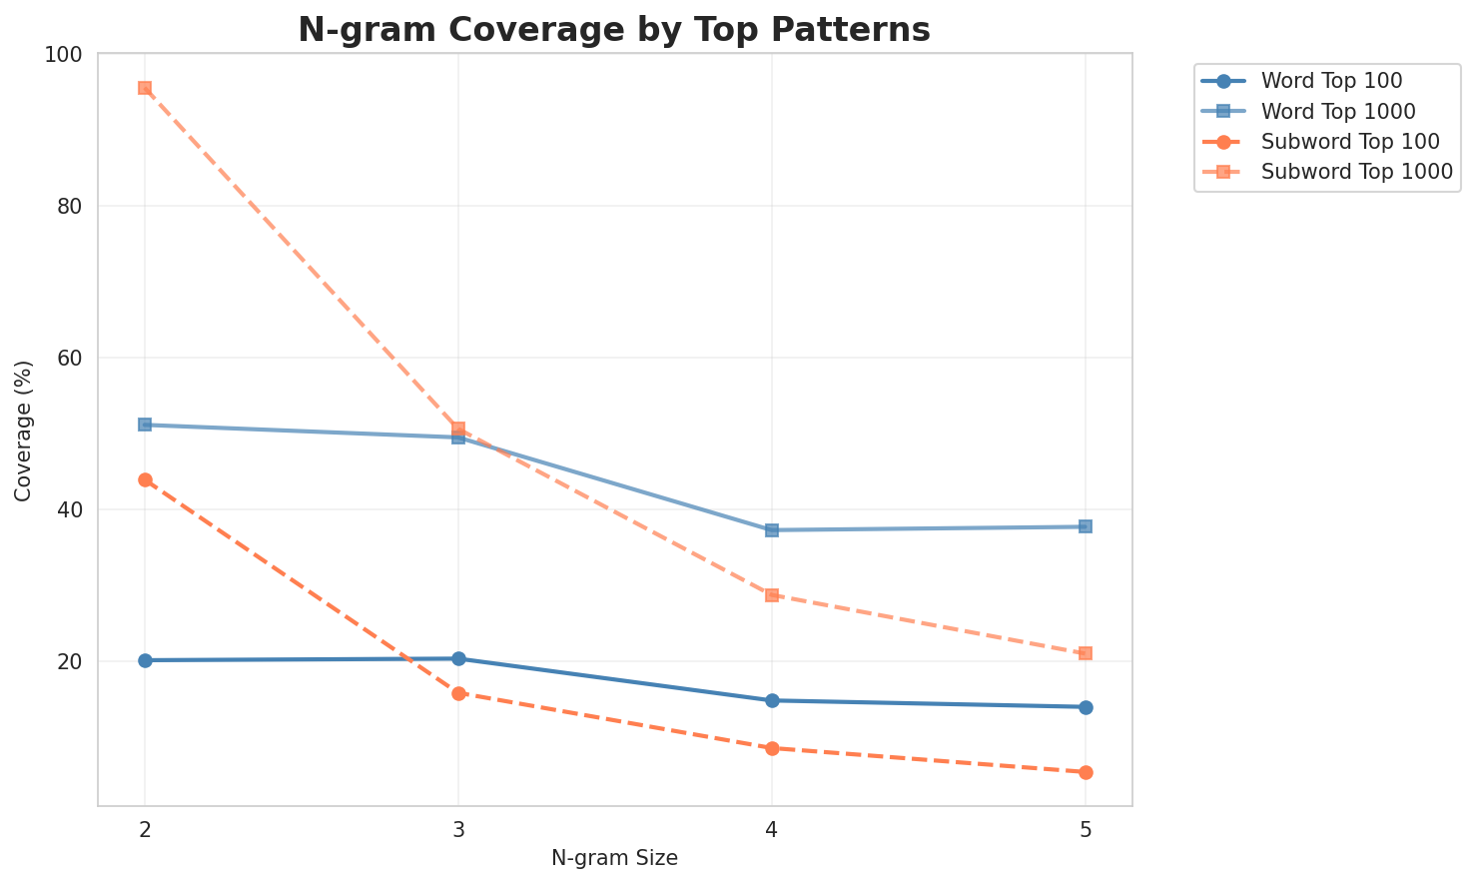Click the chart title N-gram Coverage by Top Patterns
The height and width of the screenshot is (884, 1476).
[x=614, y=30]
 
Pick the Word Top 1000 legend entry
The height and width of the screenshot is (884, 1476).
[x=1338, y=110]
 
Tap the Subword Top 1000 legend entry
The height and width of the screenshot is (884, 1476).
[x=1356, y=171]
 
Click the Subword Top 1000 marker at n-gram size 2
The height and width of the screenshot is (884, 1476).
[x=145, y=88]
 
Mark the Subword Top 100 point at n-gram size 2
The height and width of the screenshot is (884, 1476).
[x=145, y=479]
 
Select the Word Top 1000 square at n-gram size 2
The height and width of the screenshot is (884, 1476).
[x=145, y=425]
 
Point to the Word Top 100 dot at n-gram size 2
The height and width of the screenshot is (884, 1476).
[x=145, y=660]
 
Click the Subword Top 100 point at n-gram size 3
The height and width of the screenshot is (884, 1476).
[x=458, y=693]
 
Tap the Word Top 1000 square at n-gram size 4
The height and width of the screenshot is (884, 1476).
[x=772, y=530]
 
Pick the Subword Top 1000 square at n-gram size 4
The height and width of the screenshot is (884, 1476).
[x=772, y=595]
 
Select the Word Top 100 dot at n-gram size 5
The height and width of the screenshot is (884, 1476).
[x=1086, y=707]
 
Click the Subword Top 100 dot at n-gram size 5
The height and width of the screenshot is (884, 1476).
[x=1086, y=772]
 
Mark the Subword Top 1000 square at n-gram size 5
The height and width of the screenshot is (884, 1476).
[x=1086, y=653]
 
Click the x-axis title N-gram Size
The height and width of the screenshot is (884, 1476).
[x=614, y=858]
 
